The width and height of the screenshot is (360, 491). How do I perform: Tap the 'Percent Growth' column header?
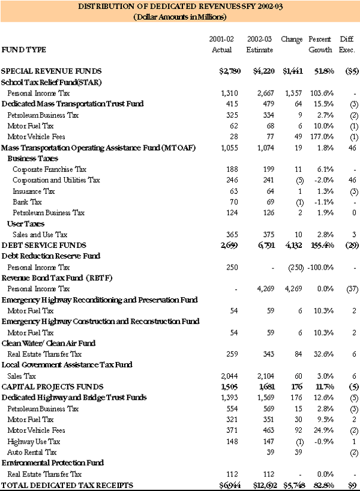pyautogui.click(x=320, y=44)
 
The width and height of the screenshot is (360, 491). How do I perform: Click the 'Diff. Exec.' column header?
pyautogui.click(x=347, y=44)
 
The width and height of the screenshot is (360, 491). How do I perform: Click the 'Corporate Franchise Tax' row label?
pyautogui.click(x=49, y=169)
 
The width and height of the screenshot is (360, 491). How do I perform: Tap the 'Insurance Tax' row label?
pyautogui.click(x=34, y=191)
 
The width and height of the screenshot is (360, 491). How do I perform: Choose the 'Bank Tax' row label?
pyautogui.click(x=27, y=202)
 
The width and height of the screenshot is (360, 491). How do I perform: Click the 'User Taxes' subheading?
pyautogui.click(x=25, y=223)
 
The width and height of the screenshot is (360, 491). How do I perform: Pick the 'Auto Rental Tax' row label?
pyautogui.click(x=32, y=452)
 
